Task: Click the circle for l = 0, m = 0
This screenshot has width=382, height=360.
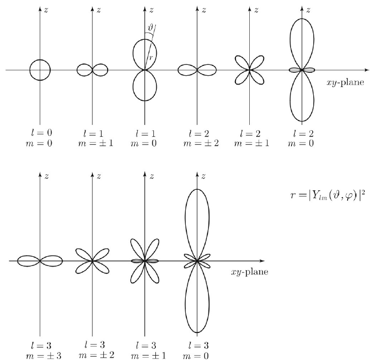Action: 40,70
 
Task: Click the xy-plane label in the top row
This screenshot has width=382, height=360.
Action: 345,83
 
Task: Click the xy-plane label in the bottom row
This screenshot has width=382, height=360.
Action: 250,272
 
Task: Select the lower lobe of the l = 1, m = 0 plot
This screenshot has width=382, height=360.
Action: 144,86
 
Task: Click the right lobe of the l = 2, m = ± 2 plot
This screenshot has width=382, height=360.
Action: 206,70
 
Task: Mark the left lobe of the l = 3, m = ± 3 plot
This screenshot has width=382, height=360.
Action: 29,261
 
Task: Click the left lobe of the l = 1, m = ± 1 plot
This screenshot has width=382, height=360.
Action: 84,70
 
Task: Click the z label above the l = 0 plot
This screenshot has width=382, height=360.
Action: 46,10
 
